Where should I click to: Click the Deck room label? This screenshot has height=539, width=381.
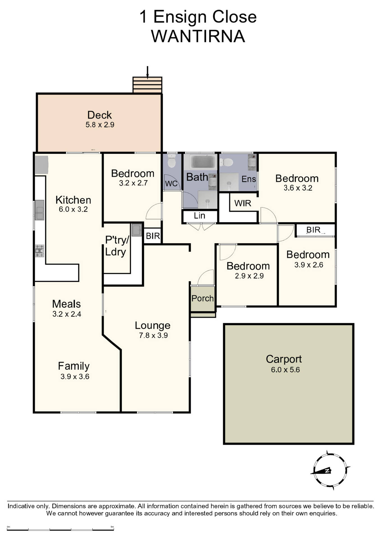click(x=100, y=115)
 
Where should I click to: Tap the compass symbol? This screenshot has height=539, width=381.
click(x=330, y=470)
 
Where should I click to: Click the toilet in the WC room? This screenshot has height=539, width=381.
click(x=171, y=161)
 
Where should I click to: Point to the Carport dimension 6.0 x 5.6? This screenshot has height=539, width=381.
click(x=285, y=370)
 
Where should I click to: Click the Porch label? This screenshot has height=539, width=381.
click(x=203, y=298)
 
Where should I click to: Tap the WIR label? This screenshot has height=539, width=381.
click(x=243, y=203)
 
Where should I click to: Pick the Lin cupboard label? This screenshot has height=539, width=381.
click(x=199, y=216)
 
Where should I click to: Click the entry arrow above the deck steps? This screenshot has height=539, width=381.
click(x=147, y=72)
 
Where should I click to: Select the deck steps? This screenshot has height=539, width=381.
click(x=147, y=85)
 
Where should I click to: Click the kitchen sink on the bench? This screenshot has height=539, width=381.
click(x=40, y=210)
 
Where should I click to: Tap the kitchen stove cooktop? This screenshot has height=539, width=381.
click(x=40, y=251)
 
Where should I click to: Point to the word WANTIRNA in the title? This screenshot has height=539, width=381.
click(x=198, y=36)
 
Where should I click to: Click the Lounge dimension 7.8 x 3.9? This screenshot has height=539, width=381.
click(x=153, y=335)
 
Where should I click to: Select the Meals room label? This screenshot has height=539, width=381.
click(x=66, y=304)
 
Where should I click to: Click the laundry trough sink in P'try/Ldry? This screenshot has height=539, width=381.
click(x=137, y=230)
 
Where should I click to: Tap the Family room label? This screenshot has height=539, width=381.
click(x=74, y=366)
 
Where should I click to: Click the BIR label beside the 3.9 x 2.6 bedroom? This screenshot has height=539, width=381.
click(x=313, y=230)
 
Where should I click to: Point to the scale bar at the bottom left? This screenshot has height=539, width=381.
click(x=60, y=530)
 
